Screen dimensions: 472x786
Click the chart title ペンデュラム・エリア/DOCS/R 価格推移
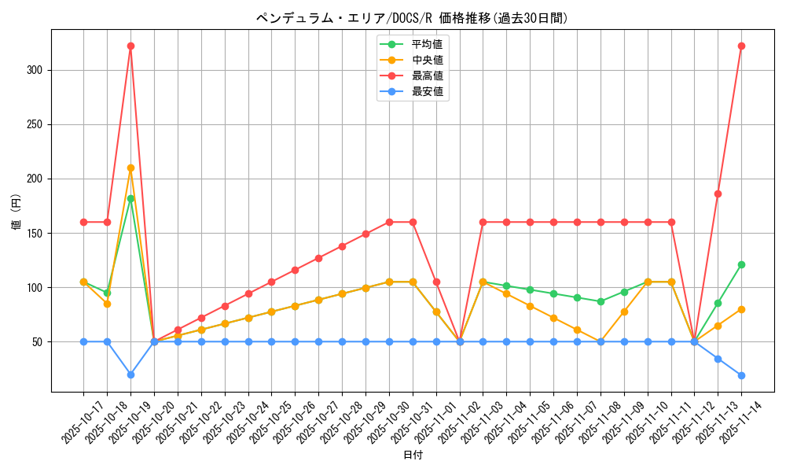pyautogui.click(x=412, y=18)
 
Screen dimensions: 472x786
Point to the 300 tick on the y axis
pyautogui.click(x=37, y=70)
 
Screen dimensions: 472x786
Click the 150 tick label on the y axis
pyautogui.click(x=37, y=233)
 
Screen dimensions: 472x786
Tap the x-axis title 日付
pyautogui.click(x=413, y=455)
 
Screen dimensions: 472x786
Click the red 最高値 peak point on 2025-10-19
pyautogui.click(x=130, y=46)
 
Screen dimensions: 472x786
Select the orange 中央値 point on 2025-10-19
pyautogui.click(x=130, y=168)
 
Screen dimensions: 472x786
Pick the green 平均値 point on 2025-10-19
pyautogui.click(x=130, y=198)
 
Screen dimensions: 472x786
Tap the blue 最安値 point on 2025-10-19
pyautogui.click(x=130, y=374)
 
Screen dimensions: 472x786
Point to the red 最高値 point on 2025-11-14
pyautogui.click(x=741, y=46)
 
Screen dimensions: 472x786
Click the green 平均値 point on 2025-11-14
pyautogui.click(x=741, y=264)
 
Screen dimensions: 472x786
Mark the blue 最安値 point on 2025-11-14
pyautogui.click(x=741, y=375)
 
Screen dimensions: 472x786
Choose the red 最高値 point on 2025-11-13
pyautogui.click(x=718, y=194)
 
